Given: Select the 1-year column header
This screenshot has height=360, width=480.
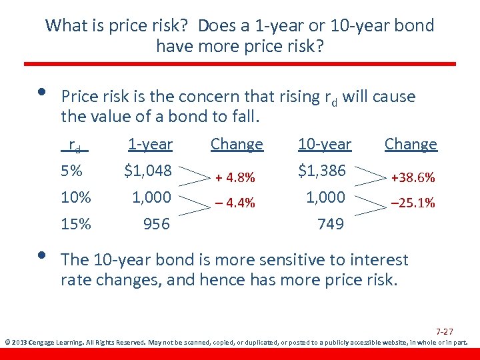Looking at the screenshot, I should [150, 144].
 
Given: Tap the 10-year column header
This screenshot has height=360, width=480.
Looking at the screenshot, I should [324, 144].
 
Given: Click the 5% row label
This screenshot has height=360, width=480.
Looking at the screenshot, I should [72, 171].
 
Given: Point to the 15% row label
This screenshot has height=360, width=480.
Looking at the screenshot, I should [76, 224].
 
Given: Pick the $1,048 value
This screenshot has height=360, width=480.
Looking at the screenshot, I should [148, 171].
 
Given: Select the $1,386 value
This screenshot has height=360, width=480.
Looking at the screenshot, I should [322, 171].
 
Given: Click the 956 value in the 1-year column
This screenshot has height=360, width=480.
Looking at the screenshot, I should [157, 224].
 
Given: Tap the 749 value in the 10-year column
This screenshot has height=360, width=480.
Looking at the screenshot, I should [331, 224].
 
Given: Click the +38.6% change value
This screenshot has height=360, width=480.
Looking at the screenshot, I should [413, 178].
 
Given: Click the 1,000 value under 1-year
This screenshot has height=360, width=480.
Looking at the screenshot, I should [151, 197].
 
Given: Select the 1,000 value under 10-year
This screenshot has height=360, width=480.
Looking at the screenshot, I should [325, 197].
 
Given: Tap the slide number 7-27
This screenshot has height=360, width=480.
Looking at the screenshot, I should [444, 331].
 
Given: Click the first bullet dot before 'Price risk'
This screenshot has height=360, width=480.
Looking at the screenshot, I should [44, 93].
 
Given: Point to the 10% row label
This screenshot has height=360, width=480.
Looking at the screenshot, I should [76, 197].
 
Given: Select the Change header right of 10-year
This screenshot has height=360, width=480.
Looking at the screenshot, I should [411, 144].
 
